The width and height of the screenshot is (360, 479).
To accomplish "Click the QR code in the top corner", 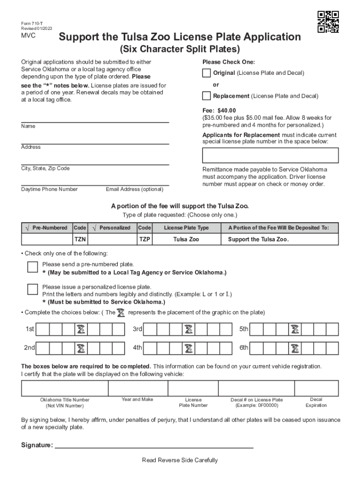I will pyautogui.click(x=328, y=22).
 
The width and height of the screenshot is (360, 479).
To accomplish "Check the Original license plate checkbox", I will pyautogui.click(x=206, y=73).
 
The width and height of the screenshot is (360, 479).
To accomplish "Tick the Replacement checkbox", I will pyautogui.click(x=206, y=96).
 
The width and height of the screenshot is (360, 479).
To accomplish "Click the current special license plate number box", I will pyautogui.click(x=270, y=155).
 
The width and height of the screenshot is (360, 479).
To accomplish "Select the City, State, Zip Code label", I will pyautogui.click(x=45, y=168).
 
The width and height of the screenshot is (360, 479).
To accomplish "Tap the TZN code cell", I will pyautogui.click(x=80, y=239).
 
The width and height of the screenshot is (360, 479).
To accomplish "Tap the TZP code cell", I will pyautogui.click(x=144, y=239).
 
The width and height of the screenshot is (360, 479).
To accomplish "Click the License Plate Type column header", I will pyautogui.click(x=186, y=228).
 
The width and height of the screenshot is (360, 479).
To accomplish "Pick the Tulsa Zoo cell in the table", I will pyautogui.click(x=186, y=239).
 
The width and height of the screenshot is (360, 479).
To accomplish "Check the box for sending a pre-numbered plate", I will pyautogui.click(x=32, y=267).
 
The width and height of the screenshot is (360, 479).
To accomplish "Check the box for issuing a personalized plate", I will pyautogui.click(x=32, y=289).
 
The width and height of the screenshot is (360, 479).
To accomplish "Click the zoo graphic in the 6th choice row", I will pyautogui.click(x=295, y=348).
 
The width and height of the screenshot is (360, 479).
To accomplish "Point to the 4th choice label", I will pyautogui.click(x=137, y=348).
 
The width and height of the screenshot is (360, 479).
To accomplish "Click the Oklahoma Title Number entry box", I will pyautogui.click(x=65, y=388).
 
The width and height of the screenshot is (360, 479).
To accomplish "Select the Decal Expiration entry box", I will pyautogui.click(x=316, y=388).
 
